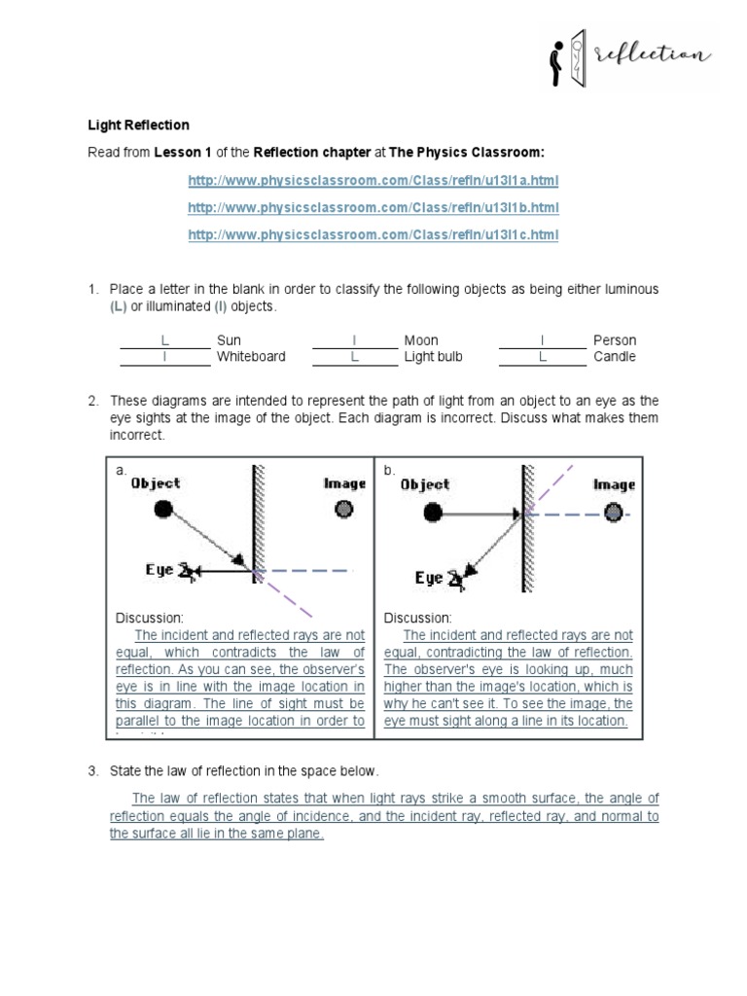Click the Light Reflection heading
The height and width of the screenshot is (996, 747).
[139, 125]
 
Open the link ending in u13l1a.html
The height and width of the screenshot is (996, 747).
[373, 182]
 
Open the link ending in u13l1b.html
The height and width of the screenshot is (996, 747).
[373, 208]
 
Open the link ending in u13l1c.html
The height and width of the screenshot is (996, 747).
[373, 235]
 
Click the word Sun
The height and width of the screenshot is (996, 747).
[229, 340]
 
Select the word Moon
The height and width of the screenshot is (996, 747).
[421, 340]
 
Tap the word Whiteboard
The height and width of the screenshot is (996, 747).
[251, 357]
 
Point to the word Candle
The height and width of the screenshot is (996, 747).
[614, 357]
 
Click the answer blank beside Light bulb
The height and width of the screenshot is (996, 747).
[355, 357]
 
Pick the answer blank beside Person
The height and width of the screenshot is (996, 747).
[543, 340]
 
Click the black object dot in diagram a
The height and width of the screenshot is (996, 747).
[162, 509]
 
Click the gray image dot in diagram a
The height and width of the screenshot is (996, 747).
[343, 509]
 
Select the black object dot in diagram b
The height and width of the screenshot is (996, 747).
[433, 512]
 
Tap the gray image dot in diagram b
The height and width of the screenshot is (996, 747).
[613, 512]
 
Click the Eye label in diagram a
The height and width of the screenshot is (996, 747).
[160, 570]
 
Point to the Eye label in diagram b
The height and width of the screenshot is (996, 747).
[429, 578]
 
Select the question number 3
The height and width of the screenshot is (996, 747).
[93, 771]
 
